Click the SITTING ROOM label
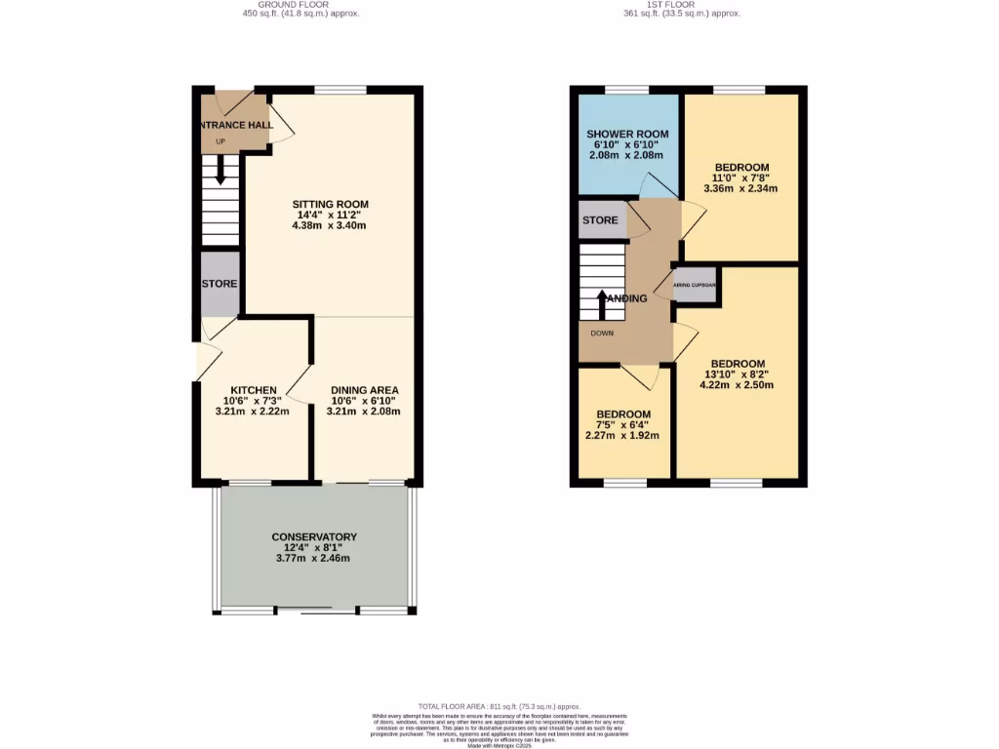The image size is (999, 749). (x=331, y=204)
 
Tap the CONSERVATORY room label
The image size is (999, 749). (x=314, y=536)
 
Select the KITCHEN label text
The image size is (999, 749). (x=253, y=389)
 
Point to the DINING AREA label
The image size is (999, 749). (x=364, y=389)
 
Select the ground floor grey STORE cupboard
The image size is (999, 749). (x=220, y=284)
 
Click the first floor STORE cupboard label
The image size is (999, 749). (x=600, y=220)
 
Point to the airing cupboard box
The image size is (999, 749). (x=696, y=285)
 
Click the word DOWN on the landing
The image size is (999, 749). (x=601, y=333)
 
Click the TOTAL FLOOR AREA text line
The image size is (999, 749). (x=499, y=706)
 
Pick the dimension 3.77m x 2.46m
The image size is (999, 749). (x=314, y=559)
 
